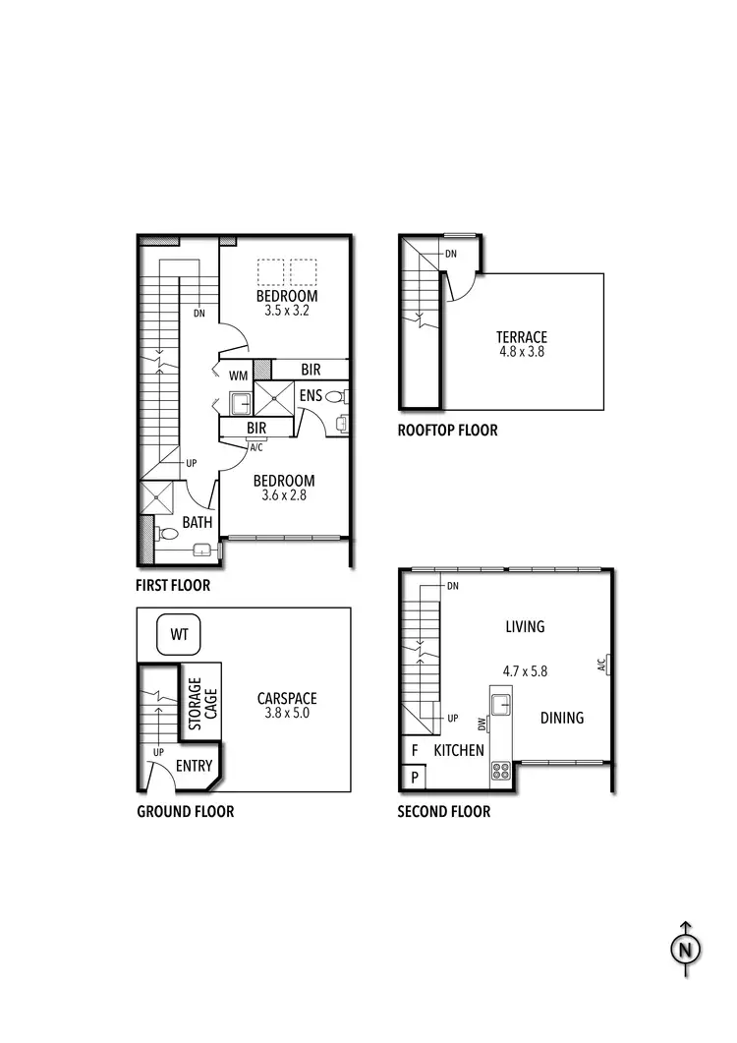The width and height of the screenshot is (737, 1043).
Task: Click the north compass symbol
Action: pyautogui.click(x=686, y=949)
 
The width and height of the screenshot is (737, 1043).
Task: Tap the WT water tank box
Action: pyautogui.click(x=179, y=635)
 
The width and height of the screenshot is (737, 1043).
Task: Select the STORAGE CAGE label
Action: pyautogui.click(x=202, y=704)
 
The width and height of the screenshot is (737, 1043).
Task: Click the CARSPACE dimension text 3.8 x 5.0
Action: pyautogui.click(x=287, y=714)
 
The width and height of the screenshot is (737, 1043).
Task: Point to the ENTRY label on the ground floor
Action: pyautogui.click(x=194, y=766)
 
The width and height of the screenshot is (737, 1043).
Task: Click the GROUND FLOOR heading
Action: pyautogui.click(x=185, y=812)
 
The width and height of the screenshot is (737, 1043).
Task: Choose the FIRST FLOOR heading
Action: pyautogui.click(x=173, y=585)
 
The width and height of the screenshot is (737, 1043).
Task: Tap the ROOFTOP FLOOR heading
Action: pyautogui.click(x=447, y=430)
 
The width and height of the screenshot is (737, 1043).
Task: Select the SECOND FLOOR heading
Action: pyautogui.click(x=443, y=812)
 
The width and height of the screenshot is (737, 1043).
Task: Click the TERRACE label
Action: pyautogui.click(x=522, y=337)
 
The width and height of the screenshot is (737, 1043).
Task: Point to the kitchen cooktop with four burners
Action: pyautogui.click(x=499, y=771)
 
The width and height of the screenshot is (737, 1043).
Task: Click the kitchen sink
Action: pyautogui.click(x=501, y=703)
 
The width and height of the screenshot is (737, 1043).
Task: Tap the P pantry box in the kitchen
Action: pyautogui.click(x=415, y=778)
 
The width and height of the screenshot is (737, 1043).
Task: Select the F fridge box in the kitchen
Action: pyautogui.click(x=415, y=750)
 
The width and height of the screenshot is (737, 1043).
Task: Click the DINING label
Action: pyautogui.click(x=562, y=718)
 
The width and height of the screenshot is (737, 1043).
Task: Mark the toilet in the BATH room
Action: pyautogui.click(x=168, y=535)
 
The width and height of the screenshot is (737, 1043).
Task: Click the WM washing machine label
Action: pyautogui.click(x=238, y=376)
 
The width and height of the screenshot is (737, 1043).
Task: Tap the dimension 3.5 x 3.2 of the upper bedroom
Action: pyautogui.click(x=287, y=310)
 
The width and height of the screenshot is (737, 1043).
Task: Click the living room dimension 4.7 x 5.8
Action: pyautogui.click(x=525, y=671)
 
